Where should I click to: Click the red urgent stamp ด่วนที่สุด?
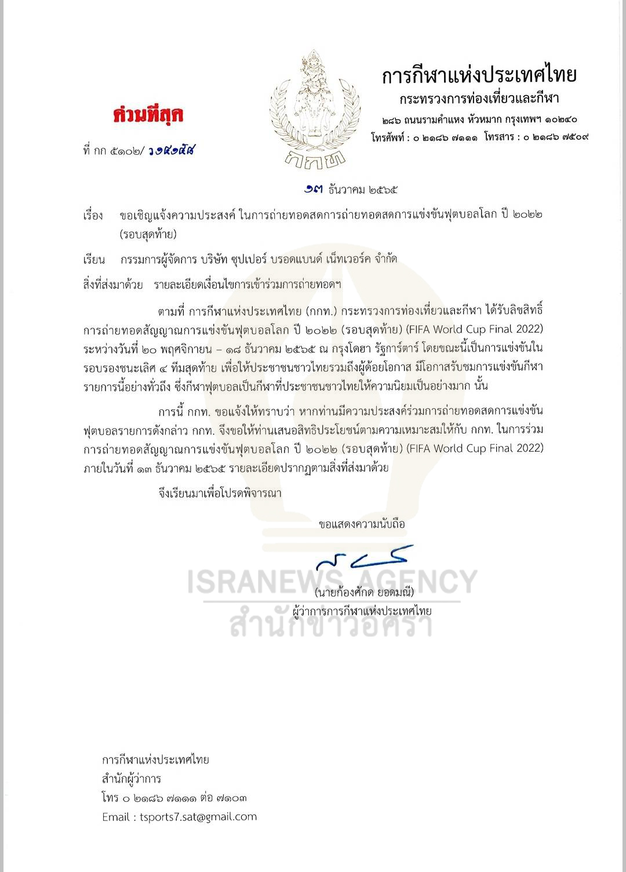pyautogui.click(x=148, y=115)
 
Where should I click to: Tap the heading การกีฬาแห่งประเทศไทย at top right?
pyautogui.click(x=479, y=75)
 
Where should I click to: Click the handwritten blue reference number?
pyautogui.click(x=171, y=151)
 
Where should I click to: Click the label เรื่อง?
pyautogui.click(x=93, y=215)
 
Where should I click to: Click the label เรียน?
pyautogui.click(x=93, y=259)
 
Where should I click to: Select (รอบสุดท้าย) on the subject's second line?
pyautogui.click(x=148, y=234)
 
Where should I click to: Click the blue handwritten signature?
pyautogui.click(x=362, y=558)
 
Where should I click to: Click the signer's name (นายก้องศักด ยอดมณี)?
pyautogui.click(x=364, y=593)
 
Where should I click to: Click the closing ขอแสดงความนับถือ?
pyautogui.click(x=362, y=524)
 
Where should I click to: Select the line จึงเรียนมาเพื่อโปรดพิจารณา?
pyautogui.click(x=220, y=493)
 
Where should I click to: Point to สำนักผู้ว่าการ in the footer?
pyautogui.click(x=132, y=779)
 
